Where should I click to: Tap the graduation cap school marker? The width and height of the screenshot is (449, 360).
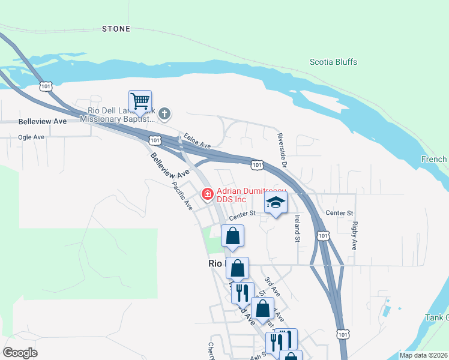pos(276,202)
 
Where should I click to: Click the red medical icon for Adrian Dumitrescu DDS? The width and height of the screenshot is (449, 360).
pos(207,194)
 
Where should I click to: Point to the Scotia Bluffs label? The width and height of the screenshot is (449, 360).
pos(333,62)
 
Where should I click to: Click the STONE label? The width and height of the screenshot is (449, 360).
pos(116,29)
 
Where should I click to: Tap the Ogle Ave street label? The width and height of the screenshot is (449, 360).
pos(31,137)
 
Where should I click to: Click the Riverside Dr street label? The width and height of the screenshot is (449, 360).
pos(283,148)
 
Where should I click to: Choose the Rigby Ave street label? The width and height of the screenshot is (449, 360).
pos(355,236)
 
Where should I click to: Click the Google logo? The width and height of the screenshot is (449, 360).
pos(20,352)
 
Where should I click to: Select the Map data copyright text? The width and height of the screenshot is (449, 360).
pos(423,355)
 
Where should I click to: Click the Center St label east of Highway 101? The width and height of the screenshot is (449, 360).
pos(339,213)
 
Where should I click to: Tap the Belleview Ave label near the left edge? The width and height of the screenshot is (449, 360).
pos(43,121)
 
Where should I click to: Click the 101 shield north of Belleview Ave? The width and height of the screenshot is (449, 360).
pos(46,86)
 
